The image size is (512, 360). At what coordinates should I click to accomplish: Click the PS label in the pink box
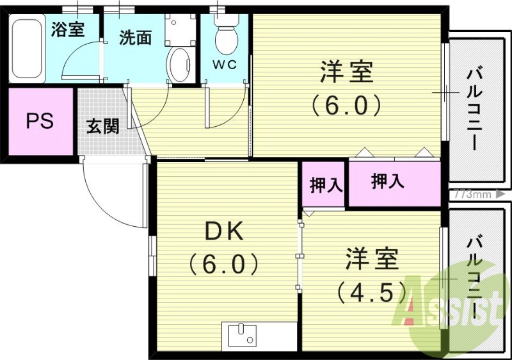pos(39,122)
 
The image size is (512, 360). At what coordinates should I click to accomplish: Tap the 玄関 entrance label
pos(102,126)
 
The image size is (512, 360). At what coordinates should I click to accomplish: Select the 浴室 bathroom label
pos(68,29)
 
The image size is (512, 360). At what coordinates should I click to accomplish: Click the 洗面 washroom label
pos(135,38)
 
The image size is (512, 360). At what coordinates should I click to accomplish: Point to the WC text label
pos(225,65)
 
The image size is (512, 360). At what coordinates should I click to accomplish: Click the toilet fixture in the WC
pos(225,35)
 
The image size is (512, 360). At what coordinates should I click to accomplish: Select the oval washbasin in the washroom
pos(179,66)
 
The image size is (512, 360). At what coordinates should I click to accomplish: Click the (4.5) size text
pos(372,292)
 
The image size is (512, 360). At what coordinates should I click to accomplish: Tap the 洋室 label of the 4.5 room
pos(372,260)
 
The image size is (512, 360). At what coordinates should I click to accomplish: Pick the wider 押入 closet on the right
pos(388,182)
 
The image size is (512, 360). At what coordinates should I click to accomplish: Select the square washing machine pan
pos(180,28)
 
